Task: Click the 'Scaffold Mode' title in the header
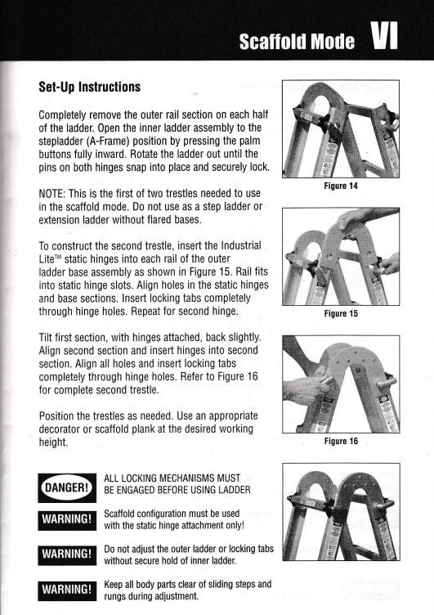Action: point(297,41)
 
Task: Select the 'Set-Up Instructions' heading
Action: point(90,87)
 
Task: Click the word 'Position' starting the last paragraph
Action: point(61,415)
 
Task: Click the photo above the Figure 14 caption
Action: point(340,129)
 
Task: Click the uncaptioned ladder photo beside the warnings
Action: point(340,512)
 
